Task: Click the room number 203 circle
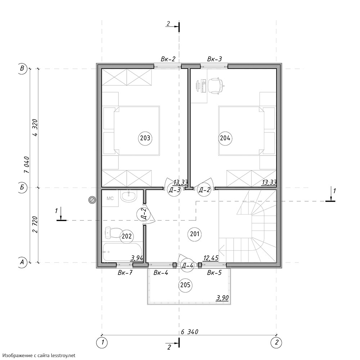click(145, 138)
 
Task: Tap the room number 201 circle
click(195, 234)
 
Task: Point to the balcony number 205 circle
click(185, 285)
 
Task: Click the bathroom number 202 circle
click(127, 236)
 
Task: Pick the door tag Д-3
click(174, 190)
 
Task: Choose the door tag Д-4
click(187, 265)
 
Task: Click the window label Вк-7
click(125, 273)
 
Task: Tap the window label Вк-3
click(215, 59)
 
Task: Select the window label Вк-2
click(168, 59)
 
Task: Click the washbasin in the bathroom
click(129, 196)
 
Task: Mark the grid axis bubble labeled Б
click(22, 187)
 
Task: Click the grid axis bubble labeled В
click(22, 68)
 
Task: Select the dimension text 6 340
click(189, 332)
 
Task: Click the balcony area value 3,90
click(222, 298)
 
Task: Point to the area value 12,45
click(211, 258)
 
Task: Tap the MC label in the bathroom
click(110, 198)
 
